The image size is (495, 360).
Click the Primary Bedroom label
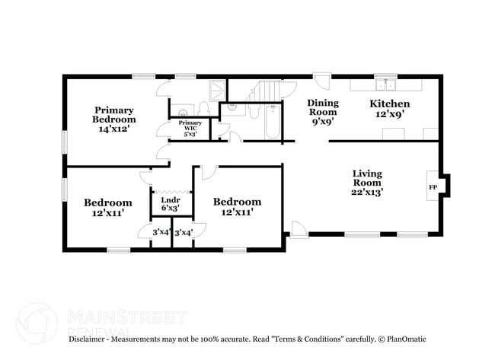click(114, 119)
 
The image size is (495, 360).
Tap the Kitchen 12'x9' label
click(390, 109)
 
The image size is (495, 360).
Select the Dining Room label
click(323, 111)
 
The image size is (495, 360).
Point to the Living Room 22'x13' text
click(367, 183)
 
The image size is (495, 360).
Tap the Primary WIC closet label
click(190, 128)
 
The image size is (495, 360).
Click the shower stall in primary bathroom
click(217, 91)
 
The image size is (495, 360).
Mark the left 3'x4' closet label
click(160, 232)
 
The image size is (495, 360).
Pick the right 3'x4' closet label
click(184, 232)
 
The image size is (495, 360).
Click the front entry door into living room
click(299, 229)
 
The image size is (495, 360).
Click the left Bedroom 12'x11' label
click(107, 207)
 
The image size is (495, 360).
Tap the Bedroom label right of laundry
click(237, 206)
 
